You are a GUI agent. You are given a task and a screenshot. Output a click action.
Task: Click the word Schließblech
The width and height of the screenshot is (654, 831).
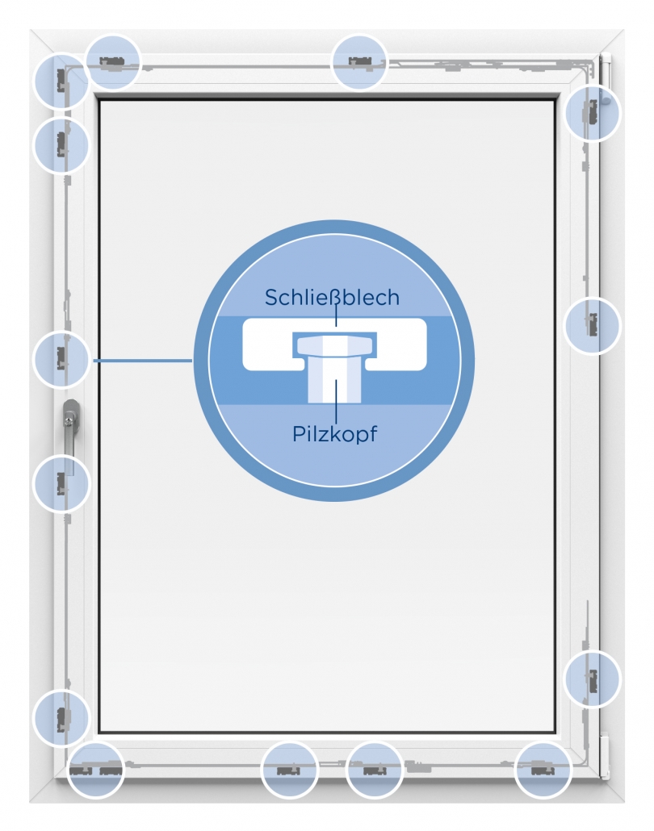tap(332, 298)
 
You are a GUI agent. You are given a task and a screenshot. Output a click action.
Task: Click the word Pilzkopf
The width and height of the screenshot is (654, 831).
tap(335, 433)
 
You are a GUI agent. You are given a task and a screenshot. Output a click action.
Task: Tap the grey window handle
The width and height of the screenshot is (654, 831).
tap(69, 436)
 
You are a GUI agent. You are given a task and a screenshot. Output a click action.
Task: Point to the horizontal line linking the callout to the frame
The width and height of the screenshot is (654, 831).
tap(143, 361)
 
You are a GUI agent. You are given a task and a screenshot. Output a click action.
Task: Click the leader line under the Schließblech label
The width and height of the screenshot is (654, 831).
tap(336, 317)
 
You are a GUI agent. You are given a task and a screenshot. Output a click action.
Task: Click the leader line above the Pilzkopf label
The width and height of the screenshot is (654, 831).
tap(336, 400)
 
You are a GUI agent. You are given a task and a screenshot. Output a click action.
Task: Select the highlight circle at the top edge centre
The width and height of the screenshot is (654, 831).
tap(359, 62)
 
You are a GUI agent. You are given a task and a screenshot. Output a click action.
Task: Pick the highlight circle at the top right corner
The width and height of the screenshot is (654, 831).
tap(592, 113)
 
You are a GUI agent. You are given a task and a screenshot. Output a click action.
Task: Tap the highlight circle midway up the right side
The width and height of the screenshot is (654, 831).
tap(591, 325)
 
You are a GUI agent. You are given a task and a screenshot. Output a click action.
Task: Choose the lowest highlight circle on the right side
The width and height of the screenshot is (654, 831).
tap(591, 679)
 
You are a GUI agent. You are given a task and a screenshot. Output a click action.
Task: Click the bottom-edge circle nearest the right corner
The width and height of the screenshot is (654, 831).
tap(543, 770)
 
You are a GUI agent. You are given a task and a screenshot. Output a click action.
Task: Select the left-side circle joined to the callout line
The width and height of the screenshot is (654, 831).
tap(61, 359)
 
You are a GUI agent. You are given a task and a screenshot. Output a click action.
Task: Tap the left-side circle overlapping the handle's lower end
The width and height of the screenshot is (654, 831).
tap(61, 483)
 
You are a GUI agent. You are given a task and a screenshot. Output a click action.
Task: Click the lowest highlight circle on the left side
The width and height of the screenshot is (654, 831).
tap(61, 718)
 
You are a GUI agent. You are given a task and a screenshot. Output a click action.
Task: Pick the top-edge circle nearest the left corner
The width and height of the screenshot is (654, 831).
tap(113, 62)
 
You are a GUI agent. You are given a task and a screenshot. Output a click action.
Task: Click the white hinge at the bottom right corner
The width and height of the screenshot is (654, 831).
tap(604, 756)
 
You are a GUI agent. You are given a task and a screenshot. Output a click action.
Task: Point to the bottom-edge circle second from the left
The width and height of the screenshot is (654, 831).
tap(290, 770)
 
